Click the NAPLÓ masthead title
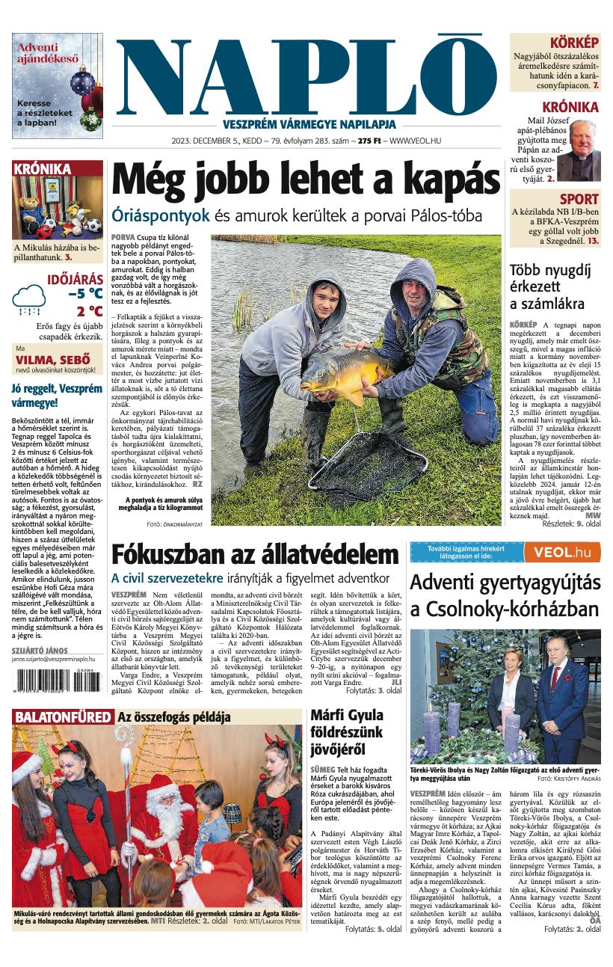click(x=306, y=75)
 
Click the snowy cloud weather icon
click(x=29, y=299)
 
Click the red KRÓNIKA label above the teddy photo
click(x=43, y=169)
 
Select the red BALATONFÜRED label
click(x=62, y=717)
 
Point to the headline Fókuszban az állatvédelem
click(x=255, y=555)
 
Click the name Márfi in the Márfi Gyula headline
click(x=332, y=716)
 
